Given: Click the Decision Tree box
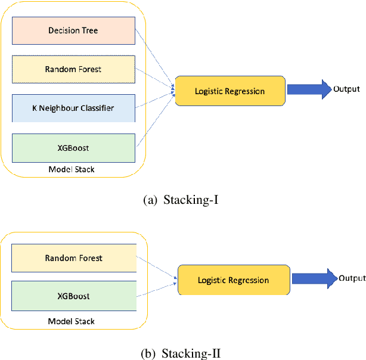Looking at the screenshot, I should point(73,30).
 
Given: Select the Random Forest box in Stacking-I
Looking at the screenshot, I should point(73,69).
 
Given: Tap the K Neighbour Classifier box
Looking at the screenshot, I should point(73,108).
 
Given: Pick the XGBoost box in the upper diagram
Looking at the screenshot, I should point(73,147).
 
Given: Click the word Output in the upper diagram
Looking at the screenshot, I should point(346,89).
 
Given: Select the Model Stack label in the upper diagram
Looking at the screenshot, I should point(72,170).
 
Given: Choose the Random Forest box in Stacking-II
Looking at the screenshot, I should point(73,258).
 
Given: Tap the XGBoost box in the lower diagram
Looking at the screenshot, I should point(73,296).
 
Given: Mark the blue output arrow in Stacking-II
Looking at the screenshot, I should point(314,279).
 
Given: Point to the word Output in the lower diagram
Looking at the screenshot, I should point(352,278).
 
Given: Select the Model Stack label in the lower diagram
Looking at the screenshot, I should point(72,321).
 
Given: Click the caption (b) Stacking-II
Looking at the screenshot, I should point(182,353).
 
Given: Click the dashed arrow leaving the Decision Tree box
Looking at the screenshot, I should point(156,57).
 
